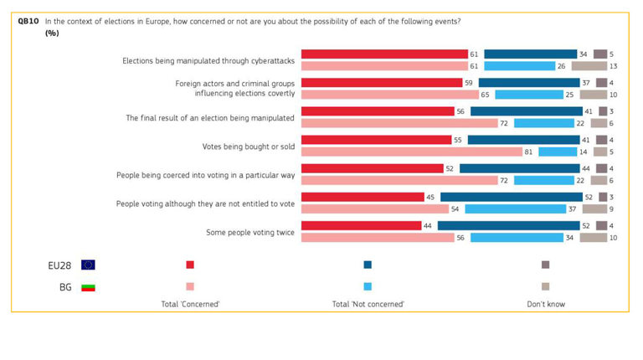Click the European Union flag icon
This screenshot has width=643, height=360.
point(88,265)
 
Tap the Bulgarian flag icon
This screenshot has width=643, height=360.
point(88,286)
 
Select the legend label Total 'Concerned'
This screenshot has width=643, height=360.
point(190,304)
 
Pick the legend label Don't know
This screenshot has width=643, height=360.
point(545,304)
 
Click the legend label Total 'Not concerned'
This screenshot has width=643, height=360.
point(368,304)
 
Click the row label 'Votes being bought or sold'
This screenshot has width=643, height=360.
point(249,146)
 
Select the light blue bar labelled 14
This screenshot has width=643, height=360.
point(557,152)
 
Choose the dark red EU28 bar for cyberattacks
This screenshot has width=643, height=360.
point(383,54)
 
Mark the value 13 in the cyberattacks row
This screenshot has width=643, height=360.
point(614,65)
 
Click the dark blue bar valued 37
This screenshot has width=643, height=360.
point(528,83)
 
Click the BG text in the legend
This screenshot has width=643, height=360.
point(53,286)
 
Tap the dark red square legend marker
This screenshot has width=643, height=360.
point(190,265)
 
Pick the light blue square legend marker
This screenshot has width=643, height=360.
point(368,286)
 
